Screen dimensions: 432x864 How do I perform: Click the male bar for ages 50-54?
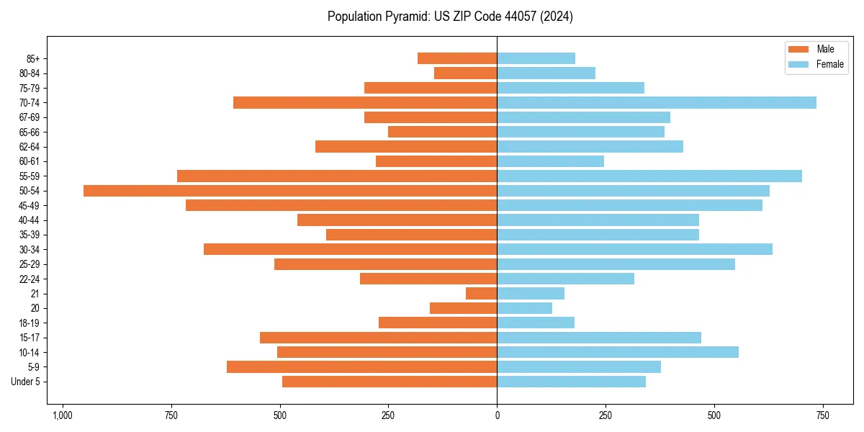coord(290,191)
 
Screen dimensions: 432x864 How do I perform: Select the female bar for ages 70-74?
coord(657,103)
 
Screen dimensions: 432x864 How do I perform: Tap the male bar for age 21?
coord(482,294)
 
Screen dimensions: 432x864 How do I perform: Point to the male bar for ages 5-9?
coord(362,367)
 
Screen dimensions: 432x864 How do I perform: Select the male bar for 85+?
coord(457,58)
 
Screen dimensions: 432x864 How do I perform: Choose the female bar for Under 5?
coord(571,382)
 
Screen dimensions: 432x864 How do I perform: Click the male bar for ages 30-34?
coord(351,250)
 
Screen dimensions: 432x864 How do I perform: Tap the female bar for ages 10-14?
coord(618,352)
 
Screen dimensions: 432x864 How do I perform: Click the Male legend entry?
coord(825,49)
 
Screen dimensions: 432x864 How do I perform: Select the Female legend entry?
coord(829,64)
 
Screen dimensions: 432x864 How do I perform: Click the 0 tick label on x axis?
coord(497,415)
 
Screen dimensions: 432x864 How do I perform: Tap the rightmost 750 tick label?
coord(823,415)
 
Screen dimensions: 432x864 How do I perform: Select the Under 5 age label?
coord(26,382)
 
